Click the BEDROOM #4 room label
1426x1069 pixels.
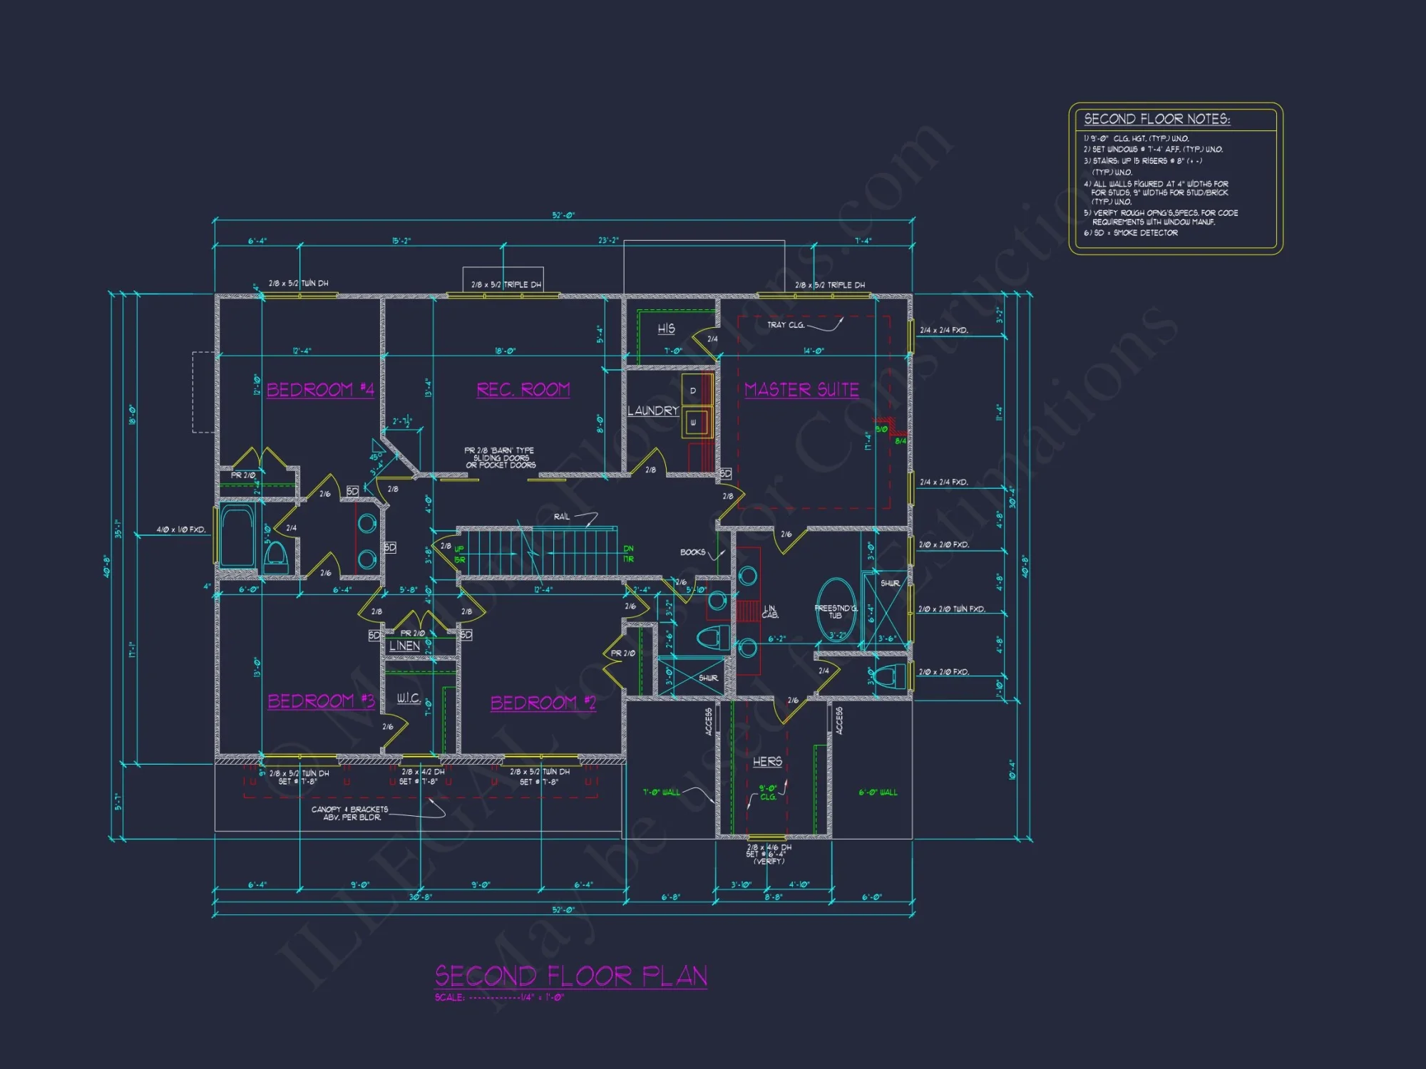[x=320, y=390]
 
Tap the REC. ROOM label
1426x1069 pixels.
[x=523, y=390]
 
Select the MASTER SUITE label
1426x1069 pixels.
[x=801, y=390]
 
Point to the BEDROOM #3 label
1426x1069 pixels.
[x=321, y=701]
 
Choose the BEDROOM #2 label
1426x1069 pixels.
[x=543, y=703]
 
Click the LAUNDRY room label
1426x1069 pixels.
[x=652, y=411]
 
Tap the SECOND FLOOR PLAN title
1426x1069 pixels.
[x=570, y=976]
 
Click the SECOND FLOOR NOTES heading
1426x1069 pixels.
[x=1156, y=119]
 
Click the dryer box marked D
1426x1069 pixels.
[x=692, y=391]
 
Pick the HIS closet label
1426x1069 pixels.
[x=666, y=329]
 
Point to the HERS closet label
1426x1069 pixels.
[x=767, y=762]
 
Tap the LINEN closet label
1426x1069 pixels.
[x=404, y=646]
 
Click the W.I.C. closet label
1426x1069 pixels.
[x=409, y=698]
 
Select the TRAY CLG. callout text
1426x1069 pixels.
[x=786, y=325]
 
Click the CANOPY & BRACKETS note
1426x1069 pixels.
[x=349, y=813]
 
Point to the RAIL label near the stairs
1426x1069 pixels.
[x=562, y=517]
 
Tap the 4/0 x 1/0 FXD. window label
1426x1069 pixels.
[x=181, y=530]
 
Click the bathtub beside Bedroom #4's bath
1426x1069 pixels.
[x=237, y=537]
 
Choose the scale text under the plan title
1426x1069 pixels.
[x=499, y=997]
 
